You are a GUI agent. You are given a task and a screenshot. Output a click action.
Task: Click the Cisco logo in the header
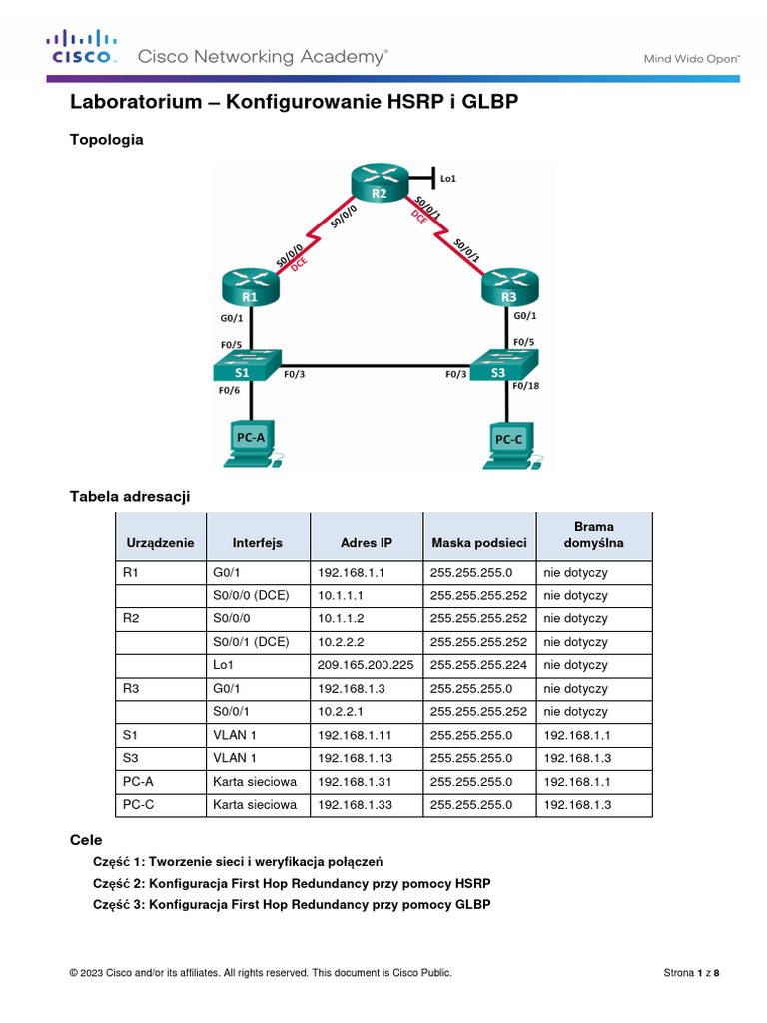tap(81, 49)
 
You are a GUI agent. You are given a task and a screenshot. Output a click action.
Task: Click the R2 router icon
tap(380, 186)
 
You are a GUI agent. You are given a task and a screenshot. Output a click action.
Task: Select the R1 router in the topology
tap(249, 287)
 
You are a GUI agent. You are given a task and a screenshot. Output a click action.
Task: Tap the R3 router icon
tap(509, 287)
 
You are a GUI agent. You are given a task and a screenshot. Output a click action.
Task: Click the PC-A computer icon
tap(250, 445)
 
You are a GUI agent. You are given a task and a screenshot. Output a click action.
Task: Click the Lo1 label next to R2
tap(447, 179)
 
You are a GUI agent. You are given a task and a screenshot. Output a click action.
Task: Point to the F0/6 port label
tap(230, 391)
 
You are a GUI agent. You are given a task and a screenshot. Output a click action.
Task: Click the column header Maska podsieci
tap(478, 543)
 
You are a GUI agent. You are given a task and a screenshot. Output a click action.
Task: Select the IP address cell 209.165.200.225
tap(366, 665)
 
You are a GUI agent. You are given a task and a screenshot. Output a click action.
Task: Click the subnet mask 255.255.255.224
tap(478, 665)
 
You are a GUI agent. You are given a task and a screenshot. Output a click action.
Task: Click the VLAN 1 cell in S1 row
tap(235, 734)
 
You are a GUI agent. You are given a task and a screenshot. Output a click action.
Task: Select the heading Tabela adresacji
tap(129, 496)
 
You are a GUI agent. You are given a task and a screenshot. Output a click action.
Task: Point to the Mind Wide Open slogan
tap(690, 58)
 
